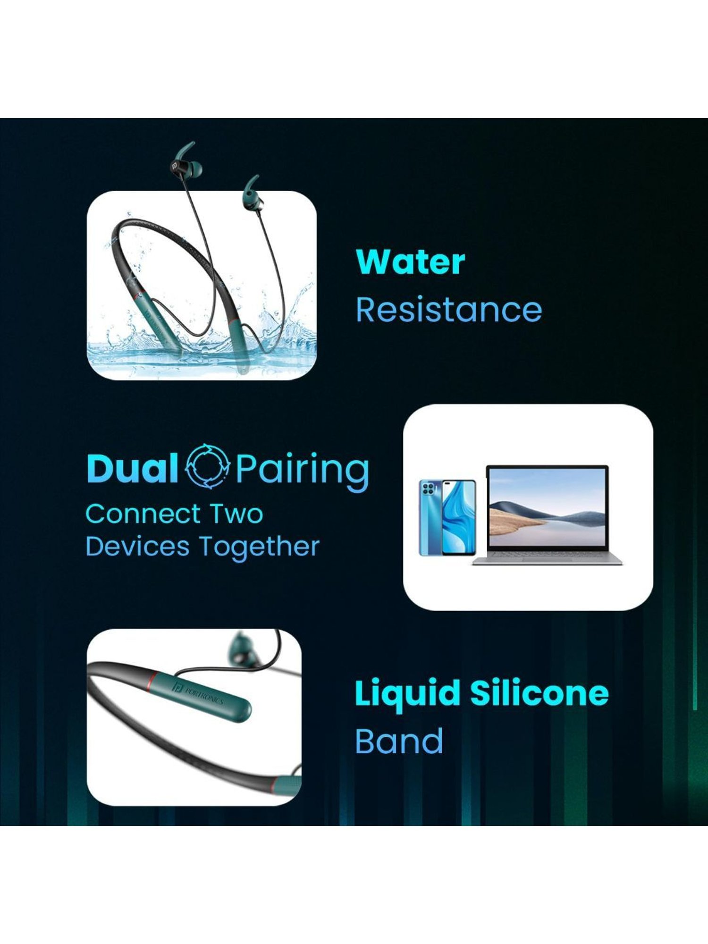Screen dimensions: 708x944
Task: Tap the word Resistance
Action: [449, 310]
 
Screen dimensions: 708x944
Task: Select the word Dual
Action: [132, 468]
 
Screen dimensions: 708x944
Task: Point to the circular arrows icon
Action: [208, 466]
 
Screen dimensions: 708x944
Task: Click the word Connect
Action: [139, 514]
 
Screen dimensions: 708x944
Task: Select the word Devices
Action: [137, 547]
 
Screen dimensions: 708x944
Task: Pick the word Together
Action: [259, 548]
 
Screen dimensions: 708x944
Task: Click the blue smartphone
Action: [447, 518]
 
